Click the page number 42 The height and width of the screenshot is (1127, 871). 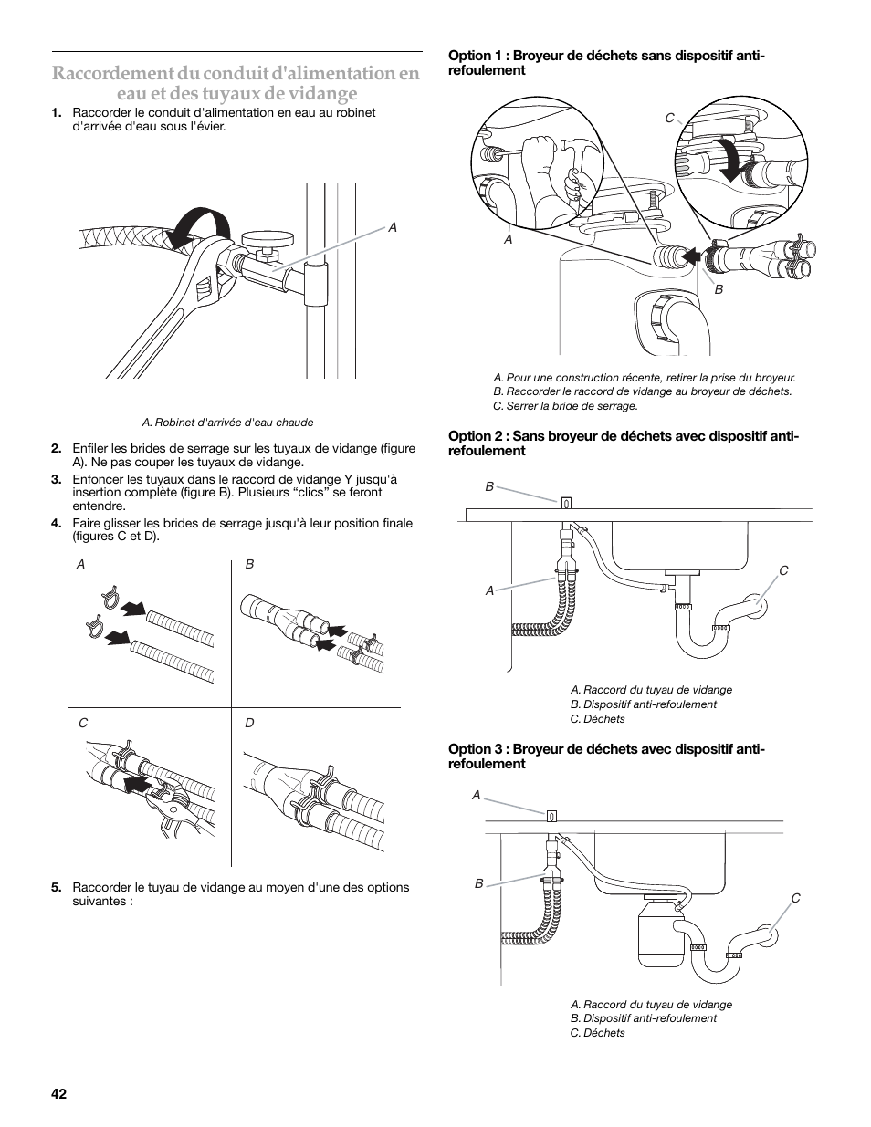point(59,1094)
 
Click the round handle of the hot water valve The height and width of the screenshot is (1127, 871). point(269,239)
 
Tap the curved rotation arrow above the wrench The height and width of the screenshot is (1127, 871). point(198,224)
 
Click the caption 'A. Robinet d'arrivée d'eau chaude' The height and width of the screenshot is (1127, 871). point(227,423)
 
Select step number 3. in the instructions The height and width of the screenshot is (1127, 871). point(57,479)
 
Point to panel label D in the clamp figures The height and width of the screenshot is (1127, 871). point(249,723)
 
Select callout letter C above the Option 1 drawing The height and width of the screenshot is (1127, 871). point(669,119)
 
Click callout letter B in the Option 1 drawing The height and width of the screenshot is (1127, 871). point(719,289)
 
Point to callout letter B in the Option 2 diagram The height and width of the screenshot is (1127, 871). point(489,487)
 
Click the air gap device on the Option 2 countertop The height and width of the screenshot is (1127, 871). point(566,502)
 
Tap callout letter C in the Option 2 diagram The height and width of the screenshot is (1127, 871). point(783,570)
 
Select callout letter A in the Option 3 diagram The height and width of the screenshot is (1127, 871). point(476,796)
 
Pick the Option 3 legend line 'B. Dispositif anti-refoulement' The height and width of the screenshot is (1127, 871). point(644,1018)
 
